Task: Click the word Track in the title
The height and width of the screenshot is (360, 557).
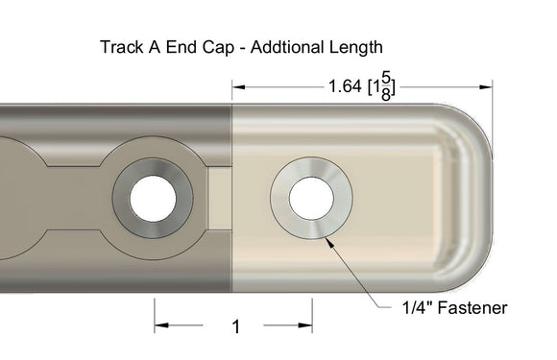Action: pyautogui.click(x=120, y=46)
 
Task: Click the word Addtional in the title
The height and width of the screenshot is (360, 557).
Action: pyautogui.click(x=283, y=46)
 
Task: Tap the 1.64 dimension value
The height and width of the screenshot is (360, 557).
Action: pyautogui.click(x=344, y=87)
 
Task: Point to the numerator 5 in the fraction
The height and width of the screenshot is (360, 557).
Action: pyautogui.click(x=384, y=78)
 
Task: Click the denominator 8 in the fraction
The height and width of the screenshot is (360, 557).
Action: pyautogui.click(x=384, y=95)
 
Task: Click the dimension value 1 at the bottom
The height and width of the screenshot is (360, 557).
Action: pyautogui.click(x=235, y=327)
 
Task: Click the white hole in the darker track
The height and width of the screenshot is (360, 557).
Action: pyautogui.click(x=153, y=198)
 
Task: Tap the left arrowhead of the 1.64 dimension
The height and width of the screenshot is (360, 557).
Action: pyautogui.click(x=239, y=86)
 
